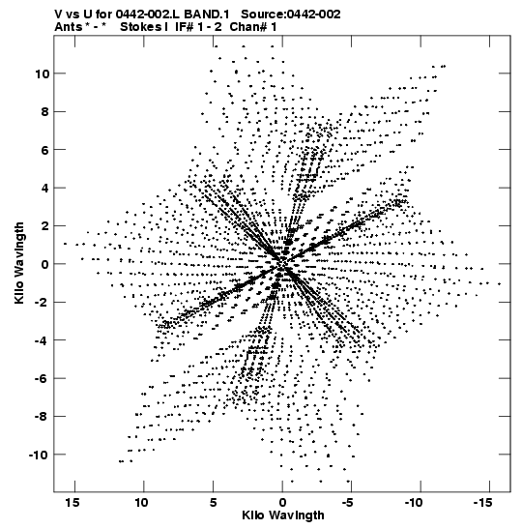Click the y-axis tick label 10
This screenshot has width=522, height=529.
pyautogui.click(x=43, y=73)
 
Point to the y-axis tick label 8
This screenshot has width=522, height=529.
pyautogui.click(x=45, y=111)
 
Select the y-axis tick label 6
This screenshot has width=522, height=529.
pyautogui.click(x=45, y=150)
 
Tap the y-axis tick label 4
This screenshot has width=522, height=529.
pyautogui.click(x=45, y=188)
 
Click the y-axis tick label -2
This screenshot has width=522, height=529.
pyautogui.click(x=42, y=303)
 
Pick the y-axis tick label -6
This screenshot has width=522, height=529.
pyautogui.click(x=42, y=378)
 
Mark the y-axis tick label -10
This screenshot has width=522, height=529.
pyautogui.click(x=39, y=455)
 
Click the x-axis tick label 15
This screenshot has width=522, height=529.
pyautogui.click(x=72, y=503)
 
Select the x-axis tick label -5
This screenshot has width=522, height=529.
pyautogui.click(x=347, y=503)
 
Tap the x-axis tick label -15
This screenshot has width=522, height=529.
pyautogui.click(x=482, y=503)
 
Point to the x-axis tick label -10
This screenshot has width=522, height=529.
pyautogui.click(x=414, y=503)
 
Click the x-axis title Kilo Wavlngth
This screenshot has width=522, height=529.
pyautogui.click(x=283, y=515)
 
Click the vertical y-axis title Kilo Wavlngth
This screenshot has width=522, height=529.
pyautogui.click(x=19, y=263)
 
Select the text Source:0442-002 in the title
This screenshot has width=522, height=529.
pyautogui.click(x=291, y=15)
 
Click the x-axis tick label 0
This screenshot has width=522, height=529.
pyautogui.click(x=282, y=503)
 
